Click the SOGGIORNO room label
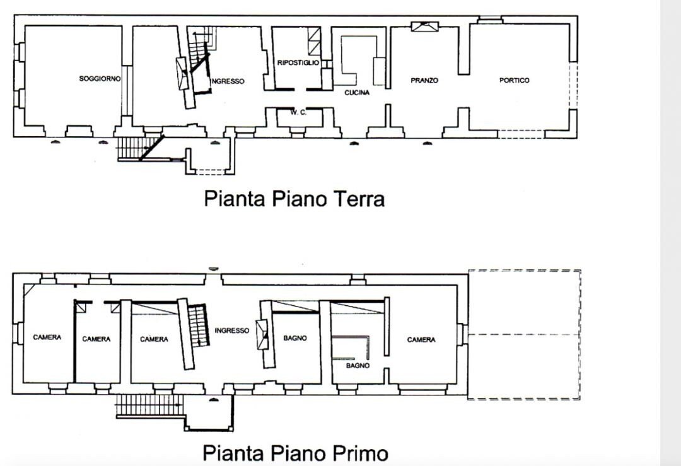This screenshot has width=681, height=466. (x=100, y=79)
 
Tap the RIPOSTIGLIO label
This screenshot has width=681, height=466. (x=298, y=62)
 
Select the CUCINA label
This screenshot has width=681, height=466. (x=357, y=93)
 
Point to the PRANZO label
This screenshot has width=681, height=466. (x=424, y=80)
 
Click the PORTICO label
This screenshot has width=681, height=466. (x=515, y=80)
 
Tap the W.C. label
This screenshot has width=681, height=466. (x=298, y=112)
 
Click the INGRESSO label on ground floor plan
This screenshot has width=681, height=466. (x=228, y=81)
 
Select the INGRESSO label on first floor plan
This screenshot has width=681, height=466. (x=232, y=330)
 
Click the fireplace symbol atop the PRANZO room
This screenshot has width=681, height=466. (x=425, y=26)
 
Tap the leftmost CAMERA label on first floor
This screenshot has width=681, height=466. (x=47, y=337)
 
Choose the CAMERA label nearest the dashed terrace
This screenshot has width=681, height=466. (x=421, y=340)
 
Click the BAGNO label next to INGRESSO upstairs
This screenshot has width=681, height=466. (x=295, y=338)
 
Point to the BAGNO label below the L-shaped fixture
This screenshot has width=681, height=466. (x=358, y=366)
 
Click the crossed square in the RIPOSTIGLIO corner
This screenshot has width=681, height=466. (x=315, y=41)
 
